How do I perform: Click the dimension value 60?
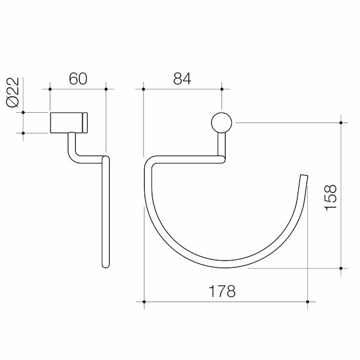78,79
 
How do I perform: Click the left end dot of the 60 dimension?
50,89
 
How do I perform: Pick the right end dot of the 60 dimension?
106,89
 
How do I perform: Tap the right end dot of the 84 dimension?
221,89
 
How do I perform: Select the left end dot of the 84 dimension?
143,89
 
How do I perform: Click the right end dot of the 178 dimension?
308,301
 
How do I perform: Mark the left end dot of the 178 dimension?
143,301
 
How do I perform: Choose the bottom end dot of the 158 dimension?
341,268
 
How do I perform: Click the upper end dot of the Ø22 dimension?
23,112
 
